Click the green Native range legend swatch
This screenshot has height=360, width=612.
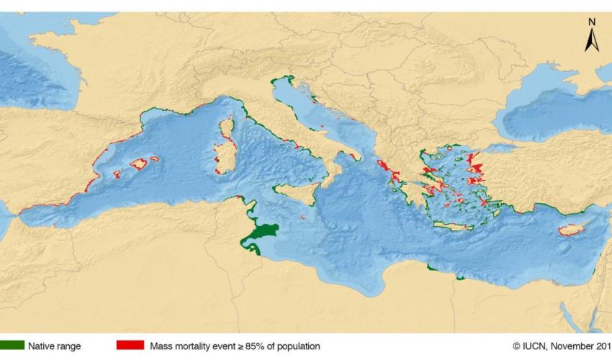coord(12,346)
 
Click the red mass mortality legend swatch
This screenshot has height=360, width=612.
coord(130,346)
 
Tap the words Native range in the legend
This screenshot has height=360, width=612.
coord(55,346)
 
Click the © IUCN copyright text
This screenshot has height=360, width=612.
coord(528,346)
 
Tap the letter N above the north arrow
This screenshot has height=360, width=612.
coord(591,22)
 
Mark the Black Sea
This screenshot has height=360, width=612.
coord(547,108)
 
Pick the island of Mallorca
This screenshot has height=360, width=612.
coord(138,164)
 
